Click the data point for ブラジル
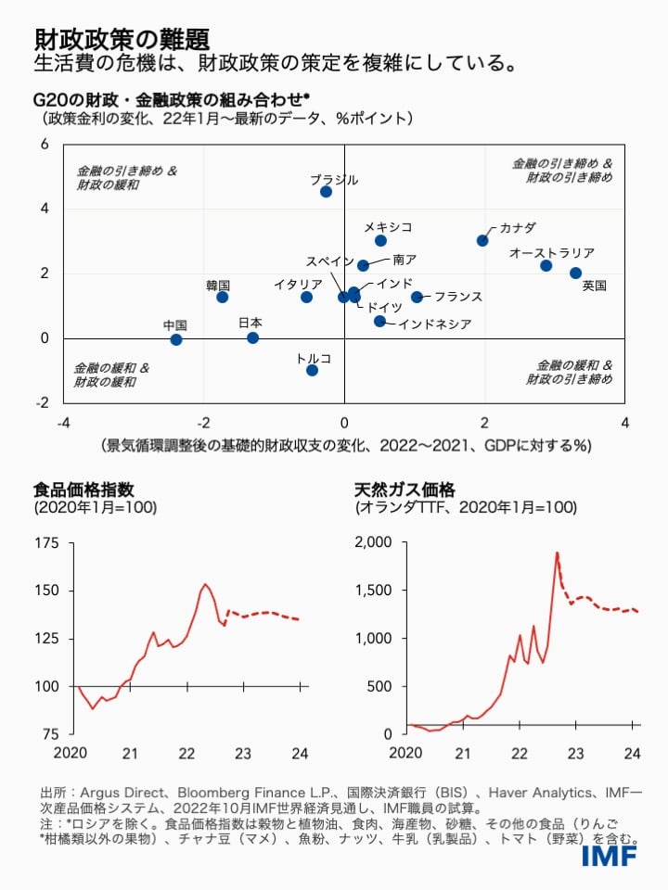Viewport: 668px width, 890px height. pos(326,192)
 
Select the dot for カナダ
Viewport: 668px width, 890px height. pos(482,240)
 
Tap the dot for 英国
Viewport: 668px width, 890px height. pos(575,273)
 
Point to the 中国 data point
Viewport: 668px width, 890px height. pos(176,339)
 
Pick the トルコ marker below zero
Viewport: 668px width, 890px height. pos(312,370)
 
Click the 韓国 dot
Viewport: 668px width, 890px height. pos(223,297)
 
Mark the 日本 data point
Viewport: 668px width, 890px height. pos(252,337)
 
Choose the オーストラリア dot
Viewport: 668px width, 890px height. pos(546,266)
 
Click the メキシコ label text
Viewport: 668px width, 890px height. pos(387,226)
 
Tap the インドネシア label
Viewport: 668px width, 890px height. pos(436,324)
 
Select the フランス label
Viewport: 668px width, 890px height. pos(458,297)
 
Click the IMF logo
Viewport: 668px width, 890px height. pos(609,855)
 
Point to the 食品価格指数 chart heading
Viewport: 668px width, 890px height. pos(80,489)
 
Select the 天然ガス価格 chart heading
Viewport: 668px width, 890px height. pos(405,489)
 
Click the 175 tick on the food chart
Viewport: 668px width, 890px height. pos(46,542)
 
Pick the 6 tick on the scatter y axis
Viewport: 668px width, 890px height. pos(43,145)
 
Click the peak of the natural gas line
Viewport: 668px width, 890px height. pos(557,553)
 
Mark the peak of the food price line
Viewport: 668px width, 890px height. pos(206,584)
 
